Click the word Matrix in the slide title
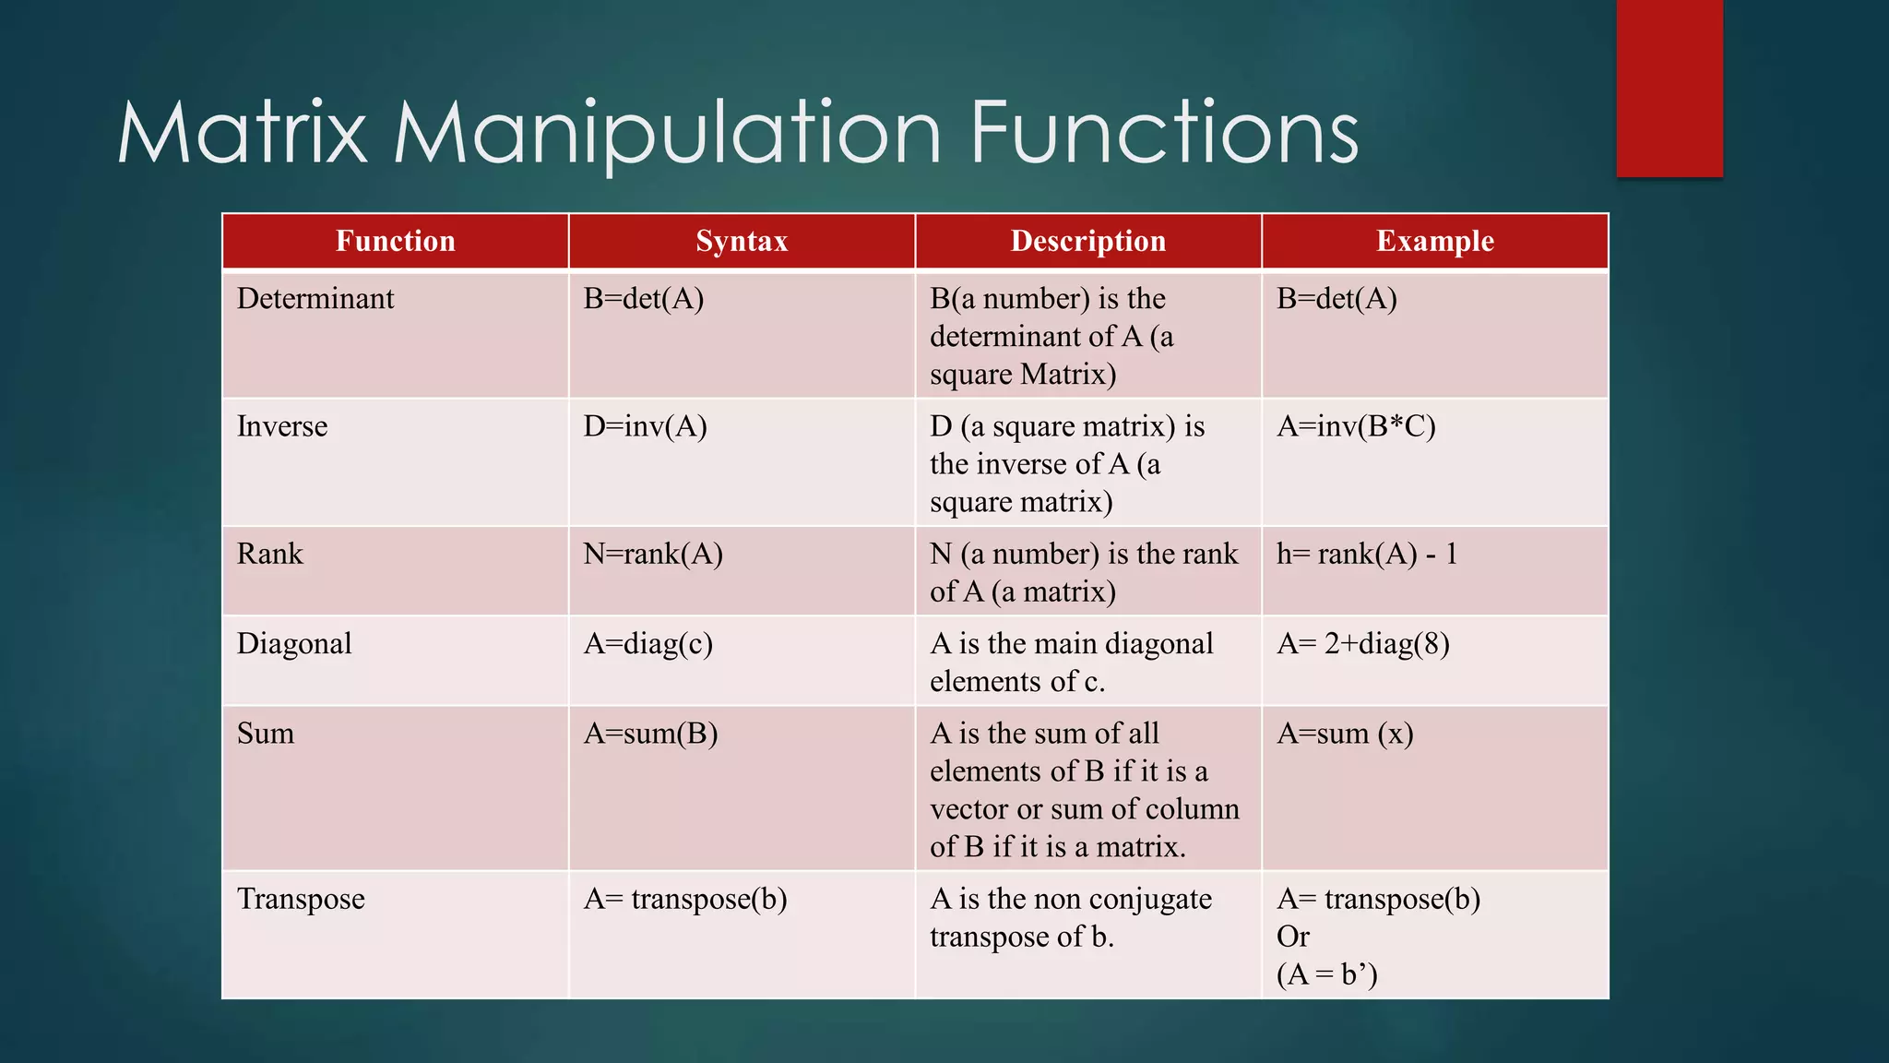[x=243, y=134]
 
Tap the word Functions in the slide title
[x=1164, y=134]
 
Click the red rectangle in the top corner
[x=1669, y=88]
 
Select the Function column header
[x=395, y=241]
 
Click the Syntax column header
[x=742, y=241]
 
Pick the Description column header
[x=1088, y=241]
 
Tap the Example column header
[x=1435, y=241]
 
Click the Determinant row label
[x=315, y=299]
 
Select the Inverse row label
[x=282, y=426]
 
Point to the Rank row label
[x=269, y=554]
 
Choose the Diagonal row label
[x=294, y=643]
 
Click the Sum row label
[x=266, y=734]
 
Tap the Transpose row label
[x=301, y=899]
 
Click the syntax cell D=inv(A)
[x=645, y=426]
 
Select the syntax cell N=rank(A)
[x=653, y=554]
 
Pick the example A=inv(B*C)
[x=1356, y=426]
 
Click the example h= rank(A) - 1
[x=1367, y=554]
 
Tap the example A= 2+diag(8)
[x=1363, y=643]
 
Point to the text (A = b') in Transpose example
[x=1326, y=974]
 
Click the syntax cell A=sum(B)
[x=650, y=734]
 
